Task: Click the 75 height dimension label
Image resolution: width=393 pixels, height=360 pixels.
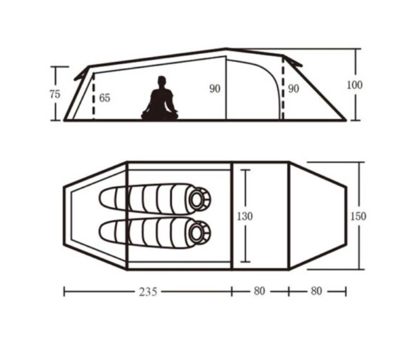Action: (x=55, y=95)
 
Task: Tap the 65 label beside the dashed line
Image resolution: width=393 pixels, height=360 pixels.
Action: (x=104, y=98)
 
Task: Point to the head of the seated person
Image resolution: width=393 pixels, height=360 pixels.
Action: (x=162, y=81)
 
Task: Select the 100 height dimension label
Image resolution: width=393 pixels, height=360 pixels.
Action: (x=355, y=85)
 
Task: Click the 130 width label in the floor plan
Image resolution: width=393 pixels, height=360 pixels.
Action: (x=245, y=216)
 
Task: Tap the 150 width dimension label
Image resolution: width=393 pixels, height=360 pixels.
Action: (x=358, y=216)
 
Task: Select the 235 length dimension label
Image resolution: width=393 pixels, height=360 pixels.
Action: (x=148, y=292)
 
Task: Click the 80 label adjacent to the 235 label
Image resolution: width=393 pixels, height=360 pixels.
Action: (x=259, y=291)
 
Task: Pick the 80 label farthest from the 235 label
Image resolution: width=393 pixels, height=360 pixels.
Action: (x=316, y=291)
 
